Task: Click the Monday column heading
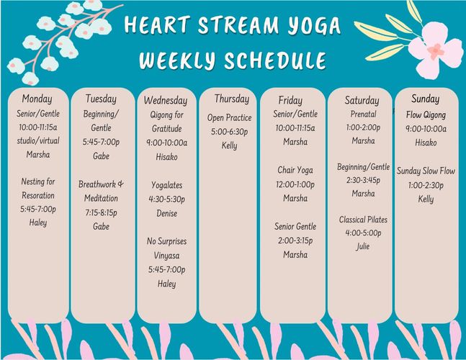(37, 99)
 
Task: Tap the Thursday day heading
(232, 99)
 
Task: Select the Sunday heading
(425, 99)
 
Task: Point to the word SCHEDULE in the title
(275, 60)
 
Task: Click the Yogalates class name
(166, 185)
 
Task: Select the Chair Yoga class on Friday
(295, 170)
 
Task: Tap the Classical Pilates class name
(363, 220)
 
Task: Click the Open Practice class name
(230, 117)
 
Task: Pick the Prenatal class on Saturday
(363, 114)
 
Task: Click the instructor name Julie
(363, 246)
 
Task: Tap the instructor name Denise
(166, 213)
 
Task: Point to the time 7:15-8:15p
(101, 212)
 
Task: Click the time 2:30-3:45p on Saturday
(363, 180)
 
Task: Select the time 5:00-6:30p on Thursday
(230, 132)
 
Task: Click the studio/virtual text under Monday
(38, 140)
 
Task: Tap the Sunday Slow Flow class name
(426, 171)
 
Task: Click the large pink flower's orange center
(436, 50)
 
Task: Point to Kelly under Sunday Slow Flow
(426, 199)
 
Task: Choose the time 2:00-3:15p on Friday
(295, 240)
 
